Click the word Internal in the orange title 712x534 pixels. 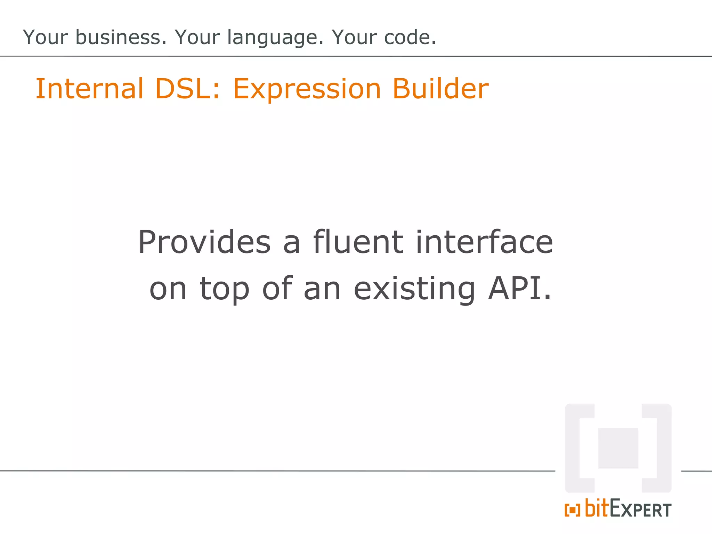tap(89, 89)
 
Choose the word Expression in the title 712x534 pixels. tap(307, 89)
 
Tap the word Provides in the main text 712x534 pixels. tap(204, 242)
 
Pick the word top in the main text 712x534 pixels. tap(225, 290)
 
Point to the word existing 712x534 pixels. tap(414, 290)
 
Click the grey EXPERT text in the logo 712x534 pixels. tap(640, 510)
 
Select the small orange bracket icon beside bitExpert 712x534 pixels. tap(572, 510)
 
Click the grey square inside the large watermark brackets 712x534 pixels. tap(618, 448)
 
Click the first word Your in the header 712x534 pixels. tap(45, 37)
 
